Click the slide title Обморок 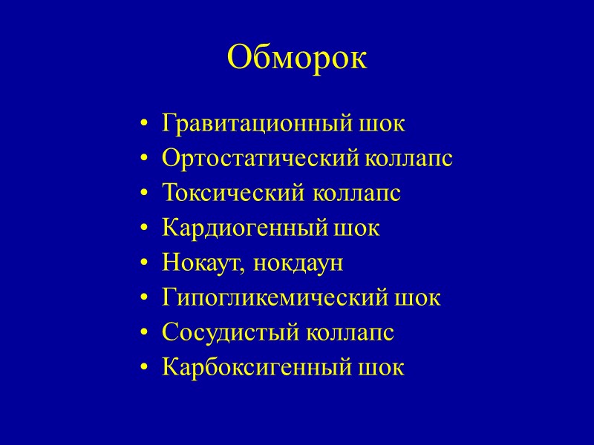tap(297, 58)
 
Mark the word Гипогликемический tap(272, 297)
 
